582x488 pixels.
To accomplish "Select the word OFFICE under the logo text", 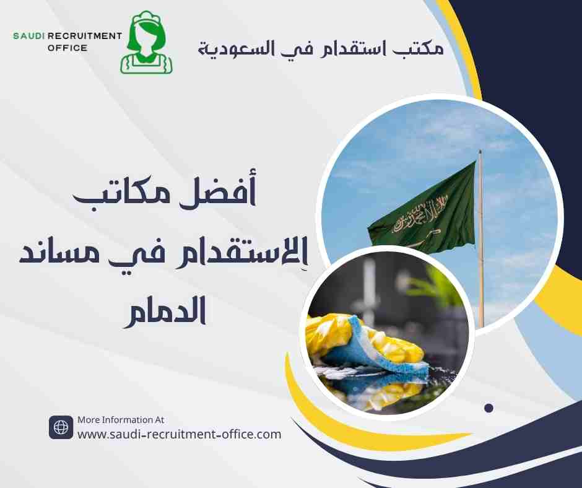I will [67, 48].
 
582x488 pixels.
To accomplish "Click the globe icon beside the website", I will [61, 427].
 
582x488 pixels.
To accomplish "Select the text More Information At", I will [121, 420].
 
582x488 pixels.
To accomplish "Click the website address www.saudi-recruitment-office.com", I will [179, 434].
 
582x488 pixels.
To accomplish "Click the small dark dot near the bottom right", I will [489, 408].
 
